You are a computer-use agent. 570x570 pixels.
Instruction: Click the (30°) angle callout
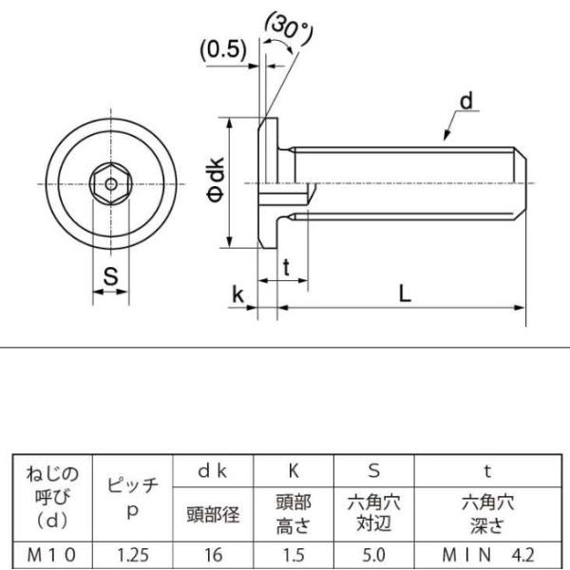[290, 29]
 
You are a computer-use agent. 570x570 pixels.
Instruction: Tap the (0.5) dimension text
[223, 49]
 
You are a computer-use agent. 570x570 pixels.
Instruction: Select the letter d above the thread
[466, 100]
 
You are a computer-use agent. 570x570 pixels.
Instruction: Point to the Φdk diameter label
[216, 180]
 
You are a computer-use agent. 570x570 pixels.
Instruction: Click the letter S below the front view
[111, 276]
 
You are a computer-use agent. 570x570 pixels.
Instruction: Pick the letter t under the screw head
[287, 268]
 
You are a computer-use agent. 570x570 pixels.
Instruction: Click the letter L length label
[405, 294]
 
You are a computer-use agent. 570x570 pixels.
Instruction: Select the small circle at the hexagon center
[111, 184]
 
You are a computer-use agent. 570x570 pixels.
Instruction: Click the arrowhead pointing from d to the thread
[446, 136]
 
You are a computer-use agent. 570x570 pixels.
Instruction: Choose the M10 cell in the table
[51, 555]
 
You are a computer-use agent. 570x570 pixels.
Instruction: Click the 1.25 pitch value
[133, 555]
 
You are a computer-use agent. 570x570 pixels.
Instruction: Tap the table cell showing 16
[214, 555]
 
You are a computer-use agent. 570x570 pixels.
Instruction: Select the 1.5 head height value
[294, 555]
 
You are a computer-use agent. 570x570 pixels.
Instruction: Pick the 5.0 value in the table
[373, 555]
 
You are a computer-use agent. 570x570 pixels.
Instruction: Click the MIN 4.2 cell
[488, 555]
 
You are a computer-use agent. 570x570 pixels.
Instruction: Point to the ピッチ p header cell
[133, 498]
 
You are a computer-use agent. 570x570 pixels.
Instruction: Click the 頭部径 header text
[214, 514]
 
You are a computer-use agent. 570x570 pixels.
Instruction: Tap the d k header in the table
[213, 471]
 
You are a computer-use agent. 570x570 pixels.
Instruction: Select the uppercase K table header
[294, 471]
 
